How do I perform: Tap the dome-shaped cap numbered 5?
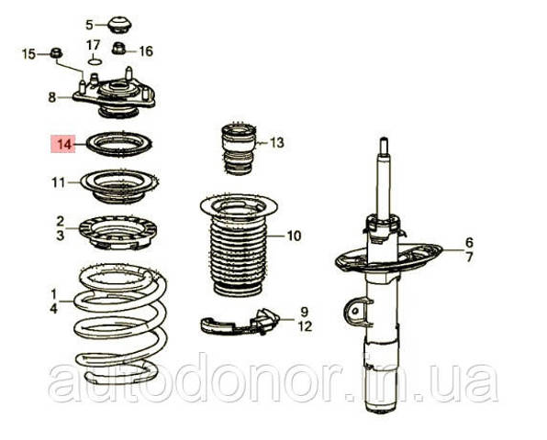pos(120,25)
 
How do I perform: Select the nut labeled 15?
pos(56,53)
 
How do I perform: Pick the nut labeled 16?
pos(118,48)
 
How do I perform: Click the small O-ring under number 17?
pos(95,62)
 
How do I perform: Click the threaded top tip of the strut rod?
pos(384,143)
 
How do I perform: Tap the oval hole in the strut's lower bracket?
pos(355,311)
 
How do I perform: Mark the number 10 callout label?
pos(294,236)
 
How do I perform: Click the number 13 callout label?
pos(277,142)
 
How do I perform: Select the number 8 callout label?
pos(52,97)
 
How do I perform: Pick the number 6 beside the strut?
pos(469,242)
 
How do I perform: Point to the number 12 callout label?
pos(305,326)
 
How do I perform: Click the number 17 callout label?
pos(93,45)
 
